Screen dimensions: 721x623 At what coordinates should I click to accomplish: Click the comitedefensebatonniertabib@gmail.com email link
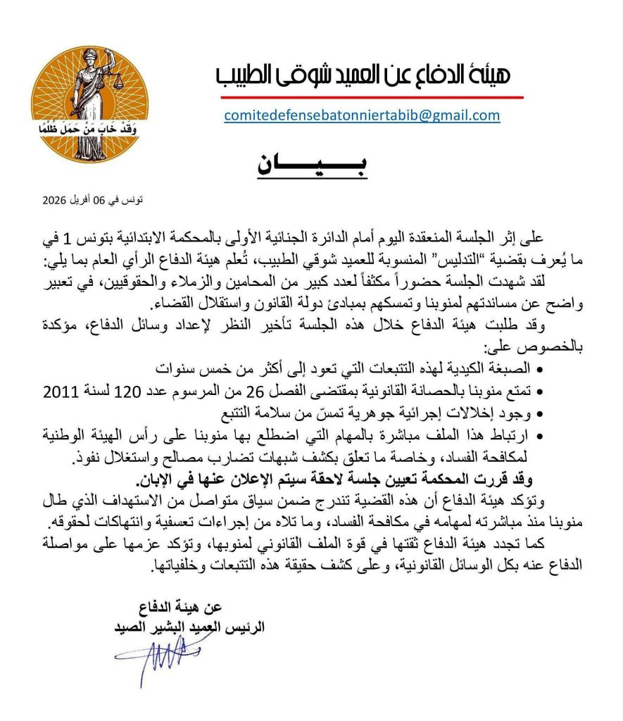click(x=362, y=115)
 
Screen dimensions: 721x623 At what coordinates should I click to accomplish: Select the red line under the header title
click(x=369, y=96)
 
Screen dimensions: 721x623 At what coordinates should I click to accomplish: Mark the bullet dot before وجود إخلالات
click(x=539, y=411)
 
